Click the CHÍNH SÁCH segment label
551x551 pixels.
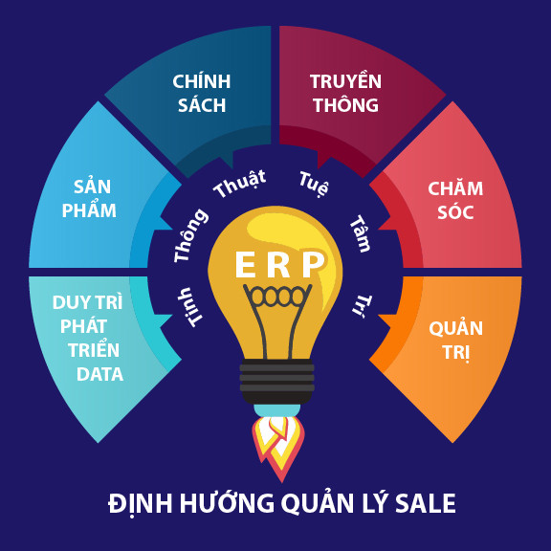click(202, 93)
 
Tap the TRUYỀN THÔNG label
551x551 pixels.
click(345, 93)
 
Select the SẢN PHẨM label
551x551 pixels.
click(90, 199)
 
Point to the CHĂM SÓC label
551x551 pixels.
click(455, 200)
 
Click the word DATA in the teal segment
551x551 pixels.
click(99, 374)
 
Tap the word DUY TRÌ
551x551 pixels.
click(87, 302)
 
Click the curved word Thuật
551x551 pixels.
click(240, 184)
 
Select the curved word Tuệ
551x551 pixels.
click(314, 184)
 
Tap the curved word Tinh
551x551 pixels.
click(190, 307)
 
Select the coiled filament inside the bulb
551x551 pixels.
click(277, 296)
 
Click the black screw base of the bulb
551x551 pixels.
click(276, 382)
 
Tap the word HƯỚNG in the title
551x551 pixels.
click(227, 502)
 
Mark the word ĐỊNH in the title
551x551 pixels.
click(141, 503)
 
